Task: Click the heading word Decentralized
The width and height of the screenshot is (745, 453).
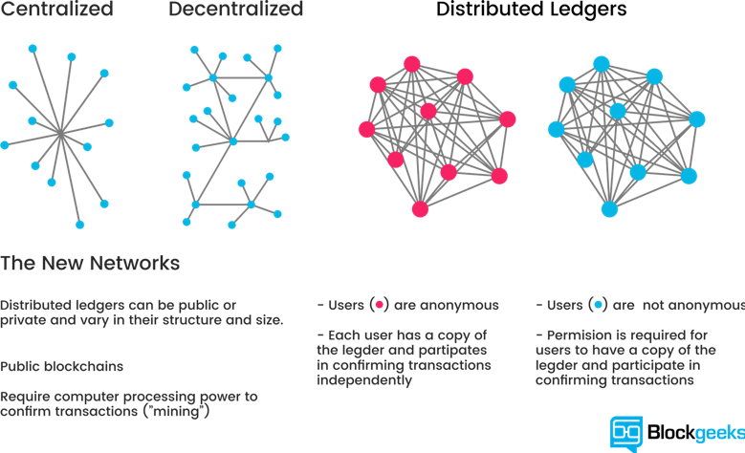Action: (236, 11)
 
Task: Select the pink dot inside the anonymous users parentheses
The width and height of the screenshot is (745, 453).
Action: (380, 306)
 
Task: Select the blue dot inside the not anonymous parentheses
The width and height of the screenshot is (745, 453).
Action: (599, 306)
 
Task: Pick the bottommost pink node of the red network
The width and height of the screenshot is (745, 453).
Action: (420, 208)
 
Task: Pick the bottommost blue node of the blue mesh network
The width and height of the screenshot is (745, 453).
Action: (609, 208)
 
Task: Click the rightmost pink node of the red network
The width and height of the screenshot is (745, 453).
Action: (507, 119)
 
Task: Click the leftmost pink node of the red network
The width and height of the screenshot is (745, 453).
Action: (365, 129)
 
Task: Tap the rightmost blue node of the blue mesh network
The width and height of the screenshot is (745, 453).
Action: (696, 119)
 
